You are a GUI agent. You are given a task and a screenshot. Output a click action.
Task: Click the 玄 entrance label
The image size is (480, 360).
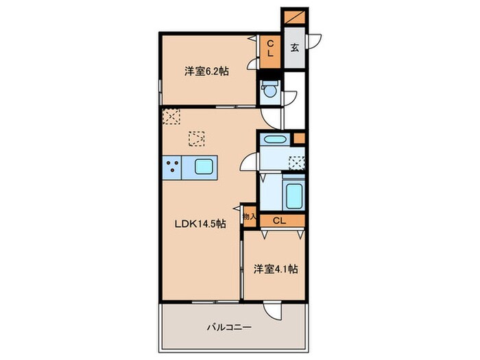click(293, 48)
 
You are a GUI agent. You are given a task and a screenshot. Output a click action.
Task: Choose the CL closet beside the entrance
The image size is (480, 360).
click(270, 48)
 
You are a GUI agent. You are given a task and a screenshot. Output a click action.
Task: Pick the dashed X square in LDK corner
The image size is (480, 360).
click(171, 117)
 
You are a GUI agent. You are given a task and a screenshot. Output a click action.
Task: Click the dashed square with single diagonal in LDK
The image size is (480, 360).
click(197, 139)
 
